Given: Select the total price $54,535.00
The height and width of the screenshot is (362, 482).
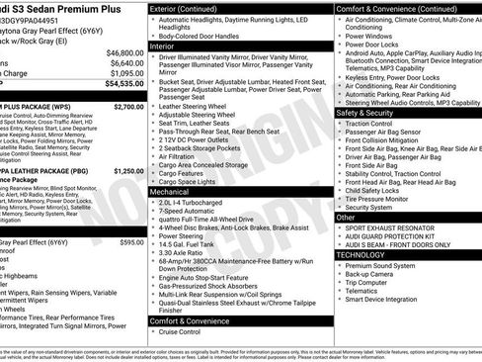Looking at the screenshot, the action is [x=123, y=84].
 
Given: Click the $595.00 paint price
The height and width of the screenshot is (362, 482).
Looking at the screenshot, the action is [x=131, y=242].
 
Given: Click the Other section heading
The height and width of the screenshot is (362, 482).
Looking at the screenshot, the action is [x=347, y=216].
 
